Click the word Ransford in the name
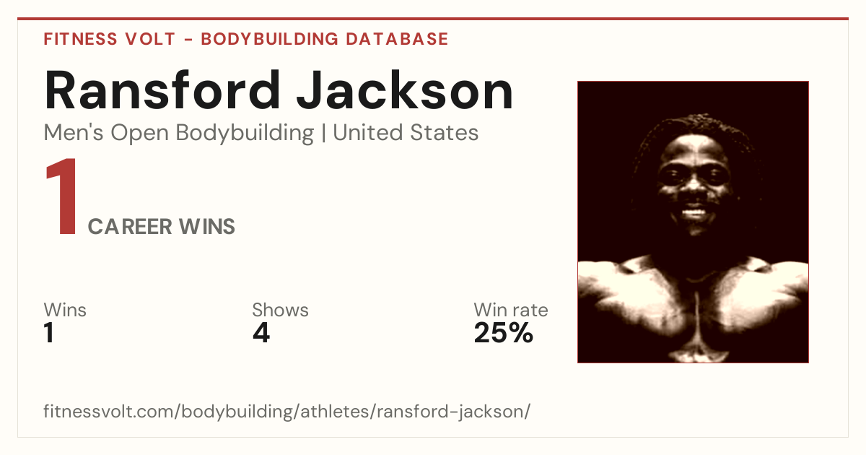(162, 90)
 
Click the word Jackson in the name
(405, 90)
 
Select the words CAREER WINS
(161, 227)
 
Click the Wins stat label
(65, 310)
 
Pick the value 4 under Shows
(261, 333)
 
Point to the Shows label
(280, 310)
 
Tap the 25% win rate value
(504, 333)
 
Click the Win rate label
(511, 310)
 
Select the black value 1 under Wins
(49, 333)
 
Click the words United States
(406, 133)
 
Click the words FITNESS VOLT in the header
(110, 39)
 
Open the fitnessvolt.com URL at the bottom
(287, 411)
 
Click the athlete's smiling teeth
(694, 212)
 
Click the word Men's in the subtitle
(74, 133)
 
